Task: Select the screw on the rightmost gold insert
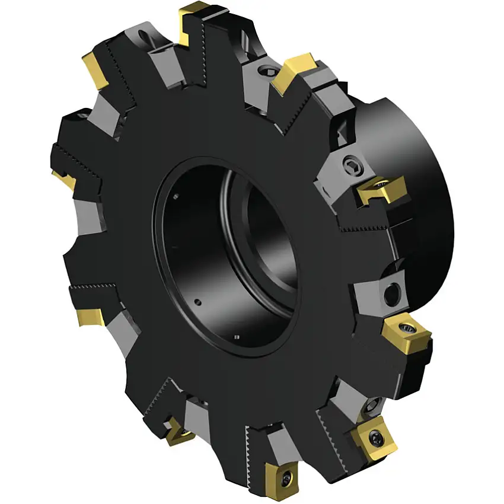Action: pos(409,327)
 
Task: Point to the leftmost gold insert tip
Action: pos(61,177)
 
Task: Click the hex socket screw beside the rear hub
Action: pos(349,167)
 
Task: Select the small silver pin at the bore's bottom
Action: pos(237,338)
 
